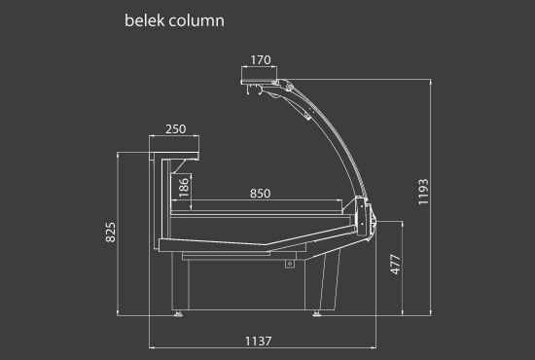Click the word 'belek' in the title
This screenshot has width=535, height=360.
coord(143,19)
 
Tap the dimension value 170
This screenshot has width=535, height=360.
coord(260,60)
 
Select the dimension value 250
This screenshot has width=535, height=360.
coord(175,128)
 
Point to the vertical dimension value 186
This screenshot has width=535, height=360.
coord(183,187)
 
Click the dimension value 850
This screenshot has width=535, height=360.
coord(260,193)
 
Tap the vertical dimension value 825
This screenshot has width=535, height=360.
coord(110,232)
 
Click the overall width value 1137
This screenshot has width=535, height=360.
coord(258,340)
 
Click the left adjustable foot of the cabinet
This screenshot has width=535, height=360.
coord(178,312)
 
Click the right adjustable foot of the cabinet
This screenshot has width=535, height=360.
coord(317,312)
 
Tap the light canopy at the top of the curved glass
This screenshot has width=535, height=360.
coord(261,75)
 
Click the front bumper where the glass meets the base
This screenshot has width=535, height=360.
coord(366,216)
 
